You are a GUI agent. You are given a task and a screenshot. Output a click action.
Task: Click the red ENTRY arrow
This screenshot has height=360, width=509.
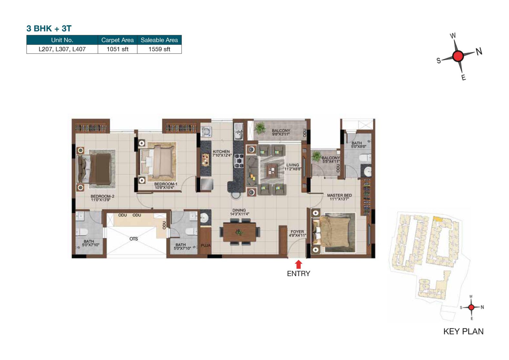[x=298, y=264]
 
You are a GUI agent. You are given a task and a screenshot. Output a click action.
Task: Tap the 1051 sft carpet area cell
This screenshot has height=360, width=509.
[x=117, y=49]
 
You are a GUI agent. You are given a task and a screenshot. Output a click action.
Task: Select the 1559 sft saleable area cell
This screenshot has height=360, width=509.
[x=159, y=49]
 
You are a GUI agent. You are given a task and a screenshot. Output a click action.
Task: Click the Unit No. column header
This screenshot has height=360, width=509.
[x=62, y=40]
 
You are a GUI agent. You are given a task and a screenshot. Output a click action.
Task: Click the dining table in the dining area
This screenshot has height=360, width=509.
[x=239, y=232]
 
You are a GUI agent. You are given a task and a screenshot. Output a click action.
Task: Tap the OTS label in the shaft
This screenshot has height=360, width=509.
[x=134, y=239]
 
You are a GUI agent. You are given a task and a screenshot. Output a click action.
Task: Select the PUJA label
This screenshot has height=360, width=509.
[x=205, y=245]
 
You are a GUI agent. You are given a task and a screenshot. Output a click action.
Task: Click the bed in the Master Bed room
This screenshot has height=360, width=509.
[x=334, y=232]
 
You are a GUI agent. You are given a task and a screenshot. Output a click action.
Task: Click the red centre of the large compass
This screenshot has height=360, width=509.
[x=458, y=56]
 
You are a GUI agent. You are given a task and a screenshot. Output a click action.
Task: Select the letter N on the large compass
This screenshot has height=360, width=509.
[x=479, y=51]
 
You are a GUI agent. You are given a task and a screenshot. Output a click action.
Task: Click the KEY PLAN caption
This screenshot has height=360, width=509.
[x=463, y=331]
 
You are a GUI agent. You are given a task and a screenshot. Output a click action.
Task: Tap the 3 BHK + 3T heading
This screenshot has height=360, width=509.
[x=49, y=28]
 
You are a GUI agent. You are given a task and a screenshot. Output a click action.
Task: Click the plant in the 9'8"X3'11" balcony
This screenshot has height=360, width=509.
[x=260, y=128]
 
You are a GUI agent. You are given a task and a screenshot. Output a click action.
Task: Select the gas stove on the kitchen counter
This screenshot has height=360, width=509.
[x=239, y=161]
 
